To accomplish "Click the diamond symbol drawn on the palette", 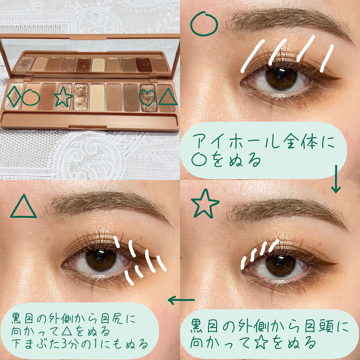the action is pyautogui.click(x=8, y=96).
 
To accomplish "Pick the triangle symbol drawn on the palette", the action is pyautogui.click(x=168, y=104).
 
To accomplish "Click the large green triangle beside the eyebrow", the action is pyautogui.click(x=24, y=216).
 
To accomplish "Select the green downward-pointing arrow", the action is pyautogui.click(x=336, y=179).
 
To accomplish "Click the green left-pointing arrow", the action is pyautogui.click(x=181, y=300).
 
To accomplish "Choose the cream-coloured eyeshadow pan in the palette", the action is pyautogui.click(x=98, y=97).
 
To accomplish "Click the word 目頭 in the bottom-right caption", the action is pyautogui.click(x=321, y=326).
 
